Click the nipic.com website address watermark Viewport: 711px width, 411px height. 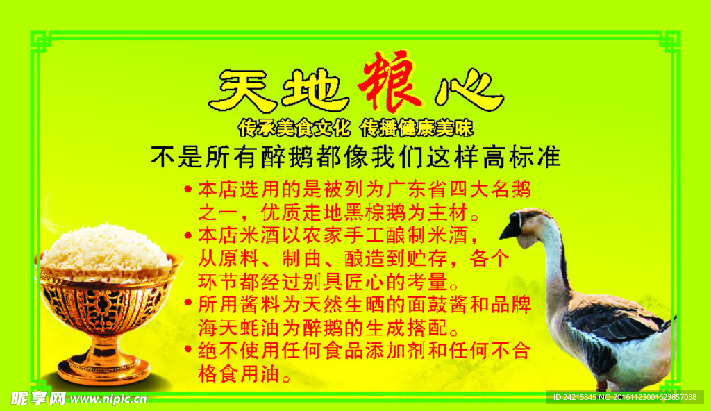[x=108, y=399]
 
